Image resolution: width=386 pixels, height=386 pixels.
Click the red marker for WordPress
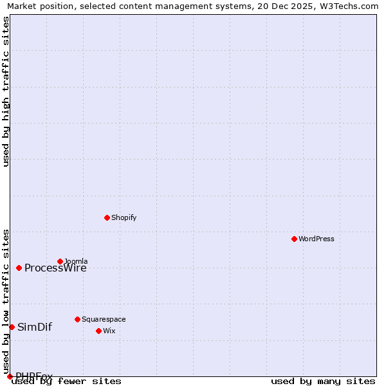point(294,239)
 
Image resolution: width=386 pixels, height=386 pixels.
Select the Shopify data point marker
point(107,217)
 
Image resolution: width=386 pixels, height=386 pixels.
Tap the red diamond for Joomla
point(60,261)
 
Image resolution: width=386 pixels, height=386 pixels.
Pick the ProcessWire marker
point(19,268)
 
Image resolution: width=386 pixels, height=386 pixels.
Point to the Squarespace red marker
point(77,319)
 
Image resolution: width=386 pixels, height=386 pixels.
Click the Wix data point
point(98,331)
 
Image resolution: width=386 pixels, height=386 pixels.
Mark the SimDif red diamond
point(12,327)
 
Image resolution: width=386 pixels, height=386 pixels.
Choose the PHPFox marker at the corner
point(10,376)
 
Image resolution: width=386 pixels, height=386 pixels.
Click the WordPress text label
point(317,239)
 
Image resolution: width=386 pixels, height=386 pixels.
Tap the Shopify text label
point(124,217)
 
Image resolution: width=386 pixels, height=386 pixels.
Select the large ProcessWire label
point(55,268)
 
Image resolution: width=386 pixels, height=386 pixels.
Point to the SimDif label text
point(35,327)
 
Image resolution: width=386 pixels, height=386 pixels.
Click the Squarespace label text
point(104,319)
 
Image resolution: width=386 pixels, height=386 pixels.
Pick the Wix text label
point(109,331)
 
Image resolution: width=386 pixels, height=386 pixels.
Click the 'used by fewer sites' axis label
point(66,381)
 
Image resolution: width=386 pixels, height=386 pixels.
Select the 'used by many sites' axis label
point(323,381)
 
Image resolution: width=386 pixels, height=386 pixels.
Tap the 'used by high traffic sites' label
point(6,91)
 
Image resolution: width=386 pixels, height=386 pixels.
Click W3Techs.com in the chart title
point(348,6)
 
